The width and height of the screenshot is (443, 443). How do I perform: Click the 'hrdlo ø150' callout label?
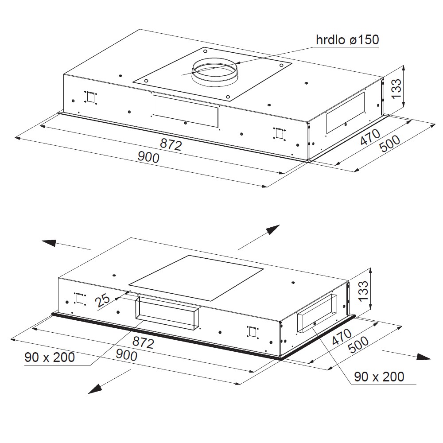[x=347, y=39]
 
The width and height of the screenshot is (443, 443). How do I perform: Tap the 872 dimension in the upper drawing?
[x=171, y=144]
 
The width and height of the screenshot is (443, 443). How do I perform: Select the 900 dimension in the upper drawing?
[x=148, y=157]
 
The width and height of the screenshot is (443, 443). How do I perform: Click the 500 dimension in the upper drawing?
[x=389, y=144]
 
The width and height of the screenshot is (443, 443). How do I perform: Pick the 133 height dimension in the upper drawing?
[x=396, y=89]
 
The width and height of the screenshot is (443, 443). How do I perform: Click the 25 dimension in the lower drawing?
[x=102, y=300]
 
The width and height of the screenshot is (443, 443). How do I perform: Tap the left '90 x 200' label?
[x=50, y=357]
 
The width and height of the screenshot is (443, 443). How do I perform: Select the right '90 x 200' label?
[x=379, y=377]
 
